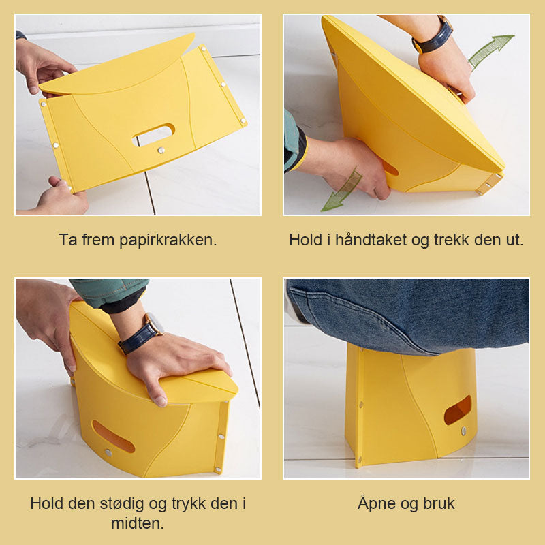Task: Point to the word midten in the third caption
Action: tap(138, 523)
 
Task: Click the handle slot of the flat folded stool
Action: tap(153, 134)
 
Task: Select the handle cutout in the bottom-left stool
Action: tap(113, 436)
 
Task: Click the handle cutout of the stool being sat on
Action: tap(457, 409)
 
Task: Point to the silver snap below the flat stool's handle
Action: tap(161, 150)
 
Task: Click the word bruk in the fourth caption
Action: tap(438, 504)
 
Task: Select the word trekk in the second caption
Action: tap(450, 240)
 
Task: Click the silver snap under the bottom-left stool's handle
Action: tap(108, 452)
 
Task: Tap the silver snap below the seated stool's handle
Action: tap(463, 431)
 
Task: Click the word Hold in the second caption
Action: tap(304, 240)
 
